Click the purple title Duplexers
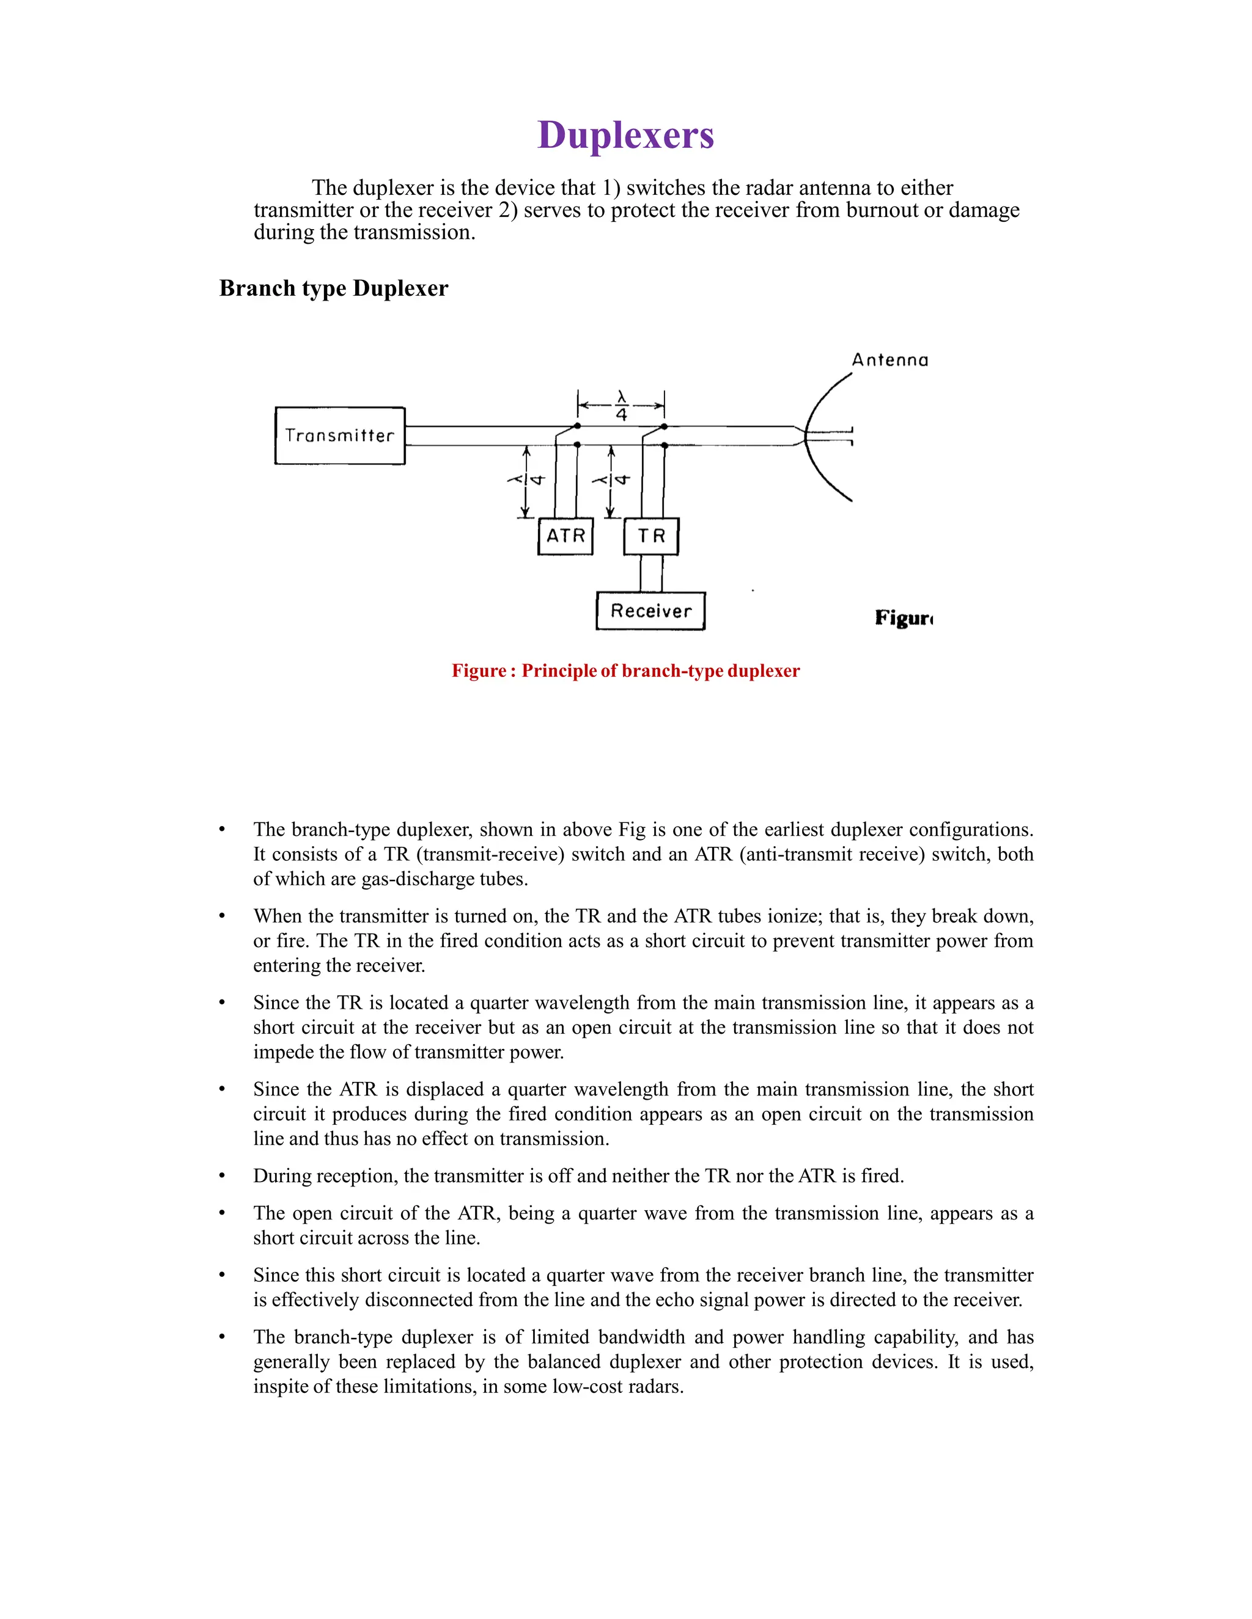click(x=625, y=136)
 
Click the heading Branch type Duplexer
click(x=334, y=288)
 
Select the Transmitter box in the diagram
click(x=340, y=436)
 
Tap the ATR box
click(x=565, y=536)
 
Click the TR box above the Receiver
click(x=651, y=536)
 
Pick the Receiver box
click(x=650, y=612)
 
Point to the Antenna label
click(x=889, y=360)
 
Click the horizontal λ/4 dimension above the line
click(x=621, y=406)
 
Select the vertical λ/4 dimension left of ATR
click(x=526, y=480)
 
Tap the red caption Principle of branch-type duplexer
click(x=660, y=671)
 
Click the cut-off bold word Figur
click(x=903, y=618)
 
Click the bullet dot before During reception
click(x=222, y=1177)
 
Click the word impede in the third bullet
click(x=283, y=1053)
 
